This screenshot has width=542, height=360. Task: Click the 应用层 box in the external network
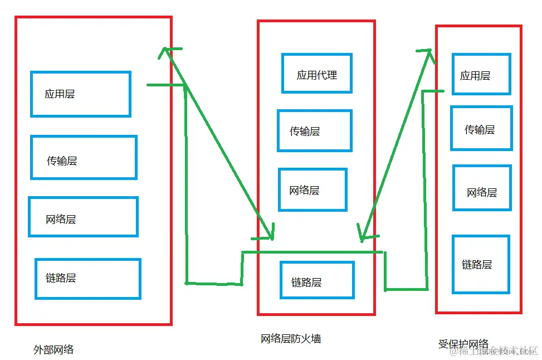(81, 94)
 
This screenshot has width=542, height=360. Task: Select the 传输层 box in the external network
(84, 158)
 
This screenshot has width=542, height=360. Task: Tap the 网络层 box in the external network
(83, 217)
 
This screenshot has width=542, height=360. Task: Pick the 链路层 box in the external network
(87, 278)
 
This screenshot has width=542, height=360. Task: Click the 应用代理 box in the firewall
(316, 73)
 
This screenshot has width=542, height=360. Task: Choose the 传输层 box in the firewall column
(315, 130)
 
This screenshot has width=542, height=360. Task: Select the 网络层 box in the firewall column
(312, 189)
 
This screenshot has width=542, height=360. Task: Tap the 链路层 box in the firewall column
(317, 280)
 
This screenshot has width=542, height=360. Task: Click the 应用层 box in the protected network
(481, 74)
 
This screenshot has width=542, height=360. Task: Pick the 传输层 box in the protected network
(481, 128)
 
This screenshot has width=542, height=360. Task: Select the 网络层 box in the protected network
(482, 188)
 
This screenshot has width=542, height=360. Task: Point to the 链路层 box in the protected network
(481, 264)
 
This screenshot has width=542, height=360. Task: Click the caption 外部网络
(53, 350)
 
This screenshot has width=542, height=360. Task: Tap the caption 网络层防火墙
(291, 338)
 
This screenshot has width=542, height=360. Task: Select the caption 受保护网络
(463, 344)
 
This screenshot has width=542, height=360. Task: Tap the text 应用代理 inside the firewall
(316, 75)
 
